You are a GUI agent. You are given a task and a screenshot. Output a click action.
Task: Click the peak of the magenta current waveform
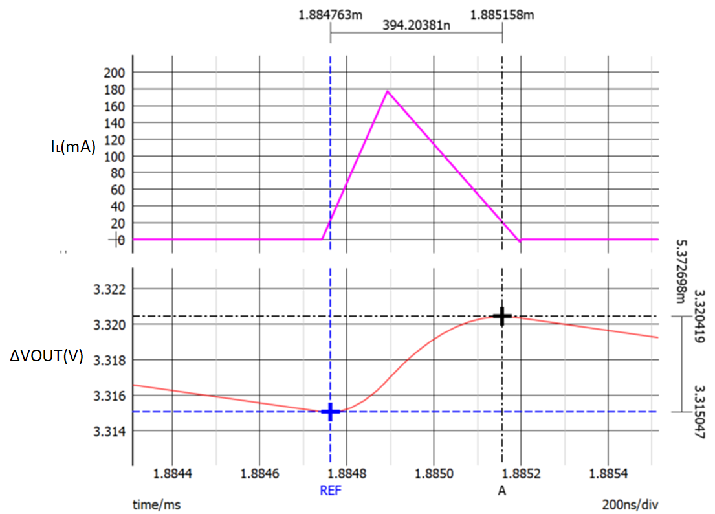pyautogui.click(x=388, y=91)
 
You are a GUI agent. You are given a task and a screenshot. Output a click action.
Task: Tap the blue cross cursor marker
pyautogui.click(x=331, y=412)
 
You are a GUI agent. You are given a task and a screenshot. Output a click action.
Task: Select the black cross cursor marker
pyautogui.click(x=502, y=316)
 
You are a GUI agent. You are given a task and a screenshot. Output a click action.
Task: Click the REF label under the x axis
pyautogui.click(x=330, y=491)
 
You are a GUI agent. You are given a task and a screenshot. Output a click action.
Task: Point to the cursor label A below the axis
pyautogui.click(x=501, y=491)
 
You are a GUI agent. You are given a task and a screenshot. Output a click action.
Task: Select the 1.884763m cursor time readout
pyautogui.click(x=331, y=14)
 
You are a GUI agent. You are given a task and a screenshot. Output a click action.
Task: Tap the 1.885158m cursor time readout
pyautogui.click(x=503, y=14)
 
